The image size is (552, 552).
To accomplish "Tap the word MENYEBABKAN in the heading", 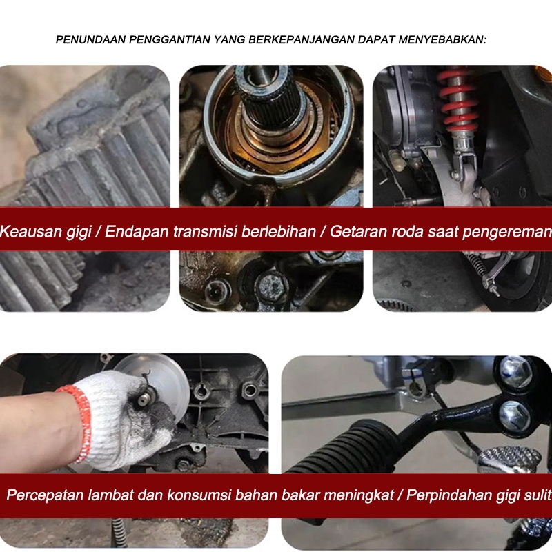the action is point(442,40).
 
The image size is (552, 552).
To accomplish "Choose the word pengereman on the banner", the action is point(507,232).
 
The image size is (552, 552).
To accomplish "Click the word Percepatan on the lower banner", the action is point(45,495).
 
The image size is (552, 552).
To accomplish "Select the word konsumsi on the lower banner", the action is point(199,495).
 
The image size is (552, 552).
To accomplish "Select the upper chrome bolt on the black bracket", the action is point(515,372).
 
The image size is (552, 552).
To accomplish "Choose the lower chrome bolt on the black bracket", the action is point(514,416).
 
